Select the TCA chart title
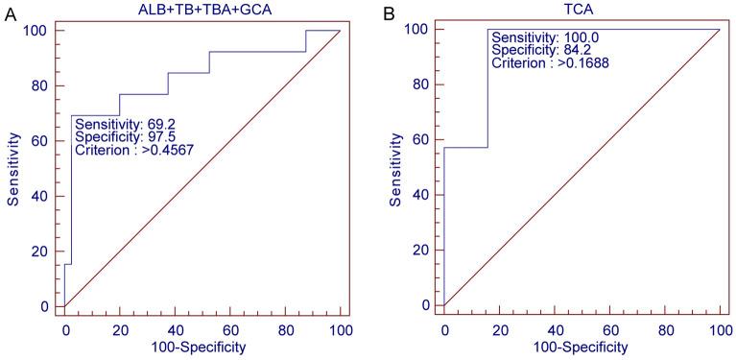point(582,9)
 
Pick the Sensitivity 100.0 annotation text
point(543,36)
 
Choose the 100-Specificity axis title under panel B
point(582,347)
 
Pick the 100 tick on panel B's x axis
point(719,329)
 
